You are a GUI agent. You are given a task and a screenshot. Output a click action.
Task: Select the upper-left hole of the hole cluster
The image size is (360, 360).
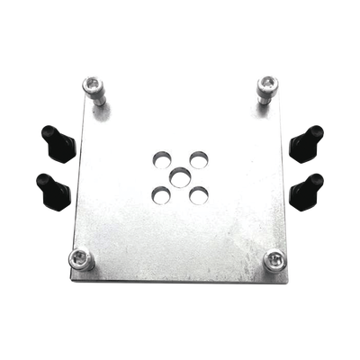(161, 157)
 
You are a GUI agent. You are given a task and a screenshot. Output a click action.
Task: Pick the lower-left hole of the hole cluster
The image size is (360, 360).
(159, 193)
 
